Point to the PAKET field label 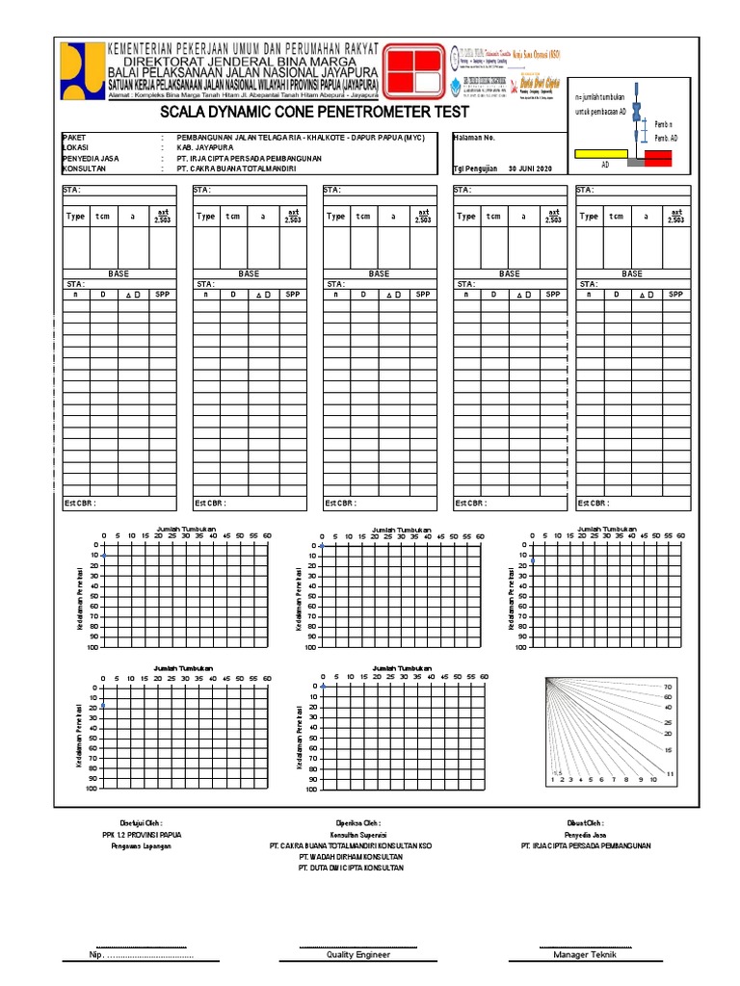pos(74,138)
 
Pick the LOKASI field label pos(75,147)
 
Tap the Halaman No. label pos(474,138)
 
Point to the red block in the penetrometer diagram pos(659,158)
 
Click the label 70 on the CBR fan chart pos(668,687)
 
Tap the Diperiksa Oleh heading pos(357,823)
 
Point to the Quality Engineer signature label pos(357,955)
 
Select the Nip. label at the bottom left pos(95,955)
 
